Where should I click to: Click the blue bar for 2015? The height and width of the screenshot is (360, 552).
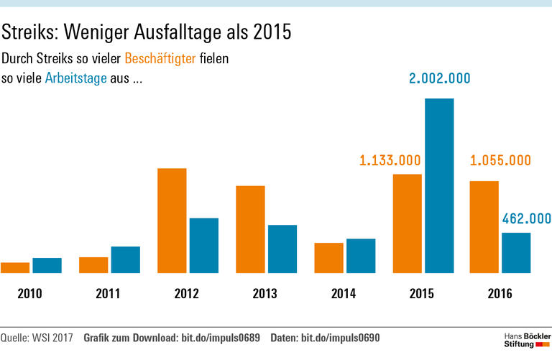click(439, 185)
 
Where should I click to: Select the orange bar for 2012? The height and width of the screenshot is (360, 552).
click(172, 221)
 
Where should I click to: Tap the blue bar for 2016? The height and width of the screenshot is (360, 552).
click(515, 253)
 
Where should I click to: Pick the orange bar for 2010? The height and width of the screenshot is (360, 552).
click(15, 267)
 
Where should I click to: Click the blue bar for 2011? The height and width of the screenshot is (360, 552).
click(125, 259)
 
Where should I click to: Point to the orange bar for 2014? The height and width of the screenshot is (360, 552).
click(328, 258)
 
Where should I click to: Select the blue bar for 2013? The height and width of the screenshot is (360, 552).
click(282, 249)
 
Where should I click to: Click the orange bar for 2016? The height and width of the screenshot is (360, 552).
click(484, 227)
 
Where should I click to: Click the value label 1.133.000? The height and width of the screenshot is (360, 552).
click(390, 160)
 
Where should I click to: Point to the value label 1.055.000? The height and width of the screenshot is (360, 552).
click(500, 160)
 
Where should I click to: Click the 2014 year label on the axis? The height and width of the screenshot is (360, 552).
click(344, 294)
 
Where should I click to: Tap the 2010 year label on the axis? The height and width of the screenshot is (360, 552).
click(30, 294)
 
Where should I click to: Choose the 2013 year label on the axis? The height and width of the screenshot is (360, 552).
click(265, 294)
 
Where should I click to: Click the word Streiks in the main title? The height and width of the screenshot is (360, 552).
click(29, 32)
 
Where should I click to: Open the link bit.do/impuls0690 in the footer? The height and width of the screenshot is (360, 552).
click(339, 338)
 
